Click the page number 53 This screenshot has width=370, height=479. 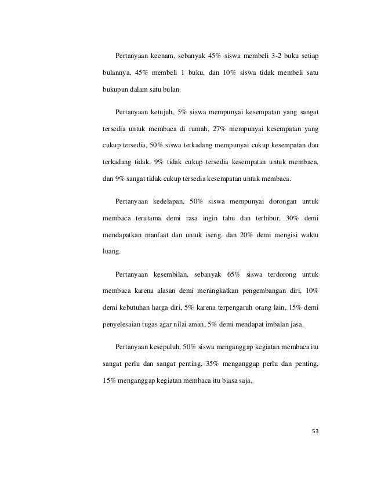[315, 431]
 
